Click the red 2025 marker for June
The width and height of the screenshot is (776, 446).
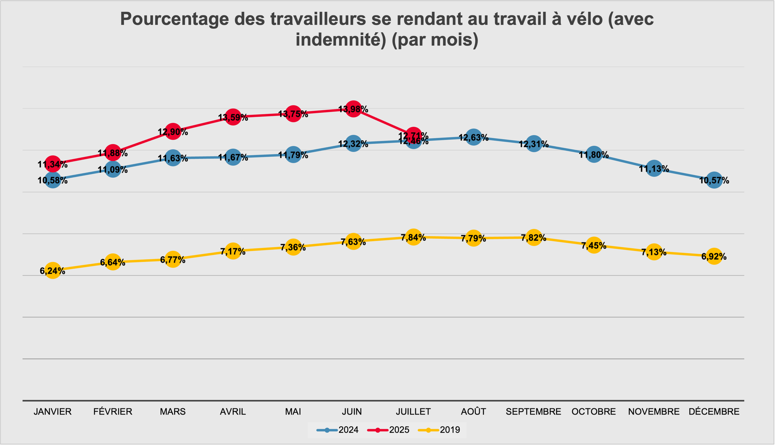coord(353,109)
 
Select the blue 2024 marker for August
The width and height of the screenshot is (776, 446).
coord(473,137)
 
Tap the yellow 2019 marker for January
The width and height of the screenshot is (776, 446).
coord(53,270)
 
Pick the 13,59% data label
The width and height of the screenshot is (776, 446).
coord(233,118)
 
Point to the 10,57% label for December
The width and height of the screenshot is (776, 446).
coord(714,181)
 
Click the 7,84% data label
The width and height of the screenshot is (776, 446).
coord(413,238)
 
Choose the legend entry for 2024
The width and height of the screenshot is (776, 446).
coord(338,430)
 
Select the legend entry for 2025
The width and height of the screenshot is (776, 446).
coord(389,430)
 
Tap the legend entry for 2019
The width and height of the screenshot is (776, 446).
coord(439,430)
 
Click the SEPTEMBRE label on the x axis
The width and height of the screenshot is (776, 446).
coord(533,412)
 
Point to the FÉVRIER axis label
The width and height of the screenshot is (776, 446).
coord(113,412)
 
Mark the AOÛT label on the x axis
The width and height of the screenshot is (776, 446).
coord(473,412)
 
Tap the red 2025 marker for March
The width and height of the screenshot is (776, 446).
coord(173,131)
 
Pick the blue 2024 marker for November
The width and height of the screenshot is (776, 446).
coord(654,168)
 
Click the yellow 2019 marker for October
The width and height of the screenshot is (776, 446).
coord(594,245)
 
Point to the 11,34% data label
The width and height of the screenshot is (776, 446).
coord(53,164)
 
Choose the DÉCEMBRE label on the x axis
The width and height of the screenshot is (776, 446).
coord(714,412)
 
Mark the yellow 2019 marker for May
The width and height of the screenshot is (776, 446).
coord(293,247)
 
